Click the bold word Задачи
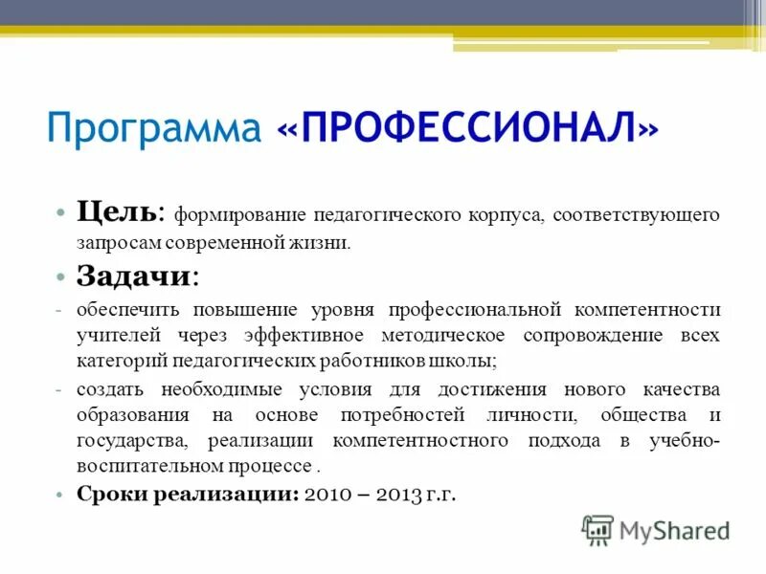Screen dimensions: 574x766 (134, 276)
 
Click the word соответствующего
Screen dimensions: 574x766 (639, 214)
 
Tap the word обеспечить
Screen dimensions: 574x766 (130, 311)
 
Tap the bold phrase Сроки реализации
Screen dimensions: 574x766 (188, 495)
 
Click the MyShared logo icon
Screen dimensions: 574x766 (597, 529)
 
